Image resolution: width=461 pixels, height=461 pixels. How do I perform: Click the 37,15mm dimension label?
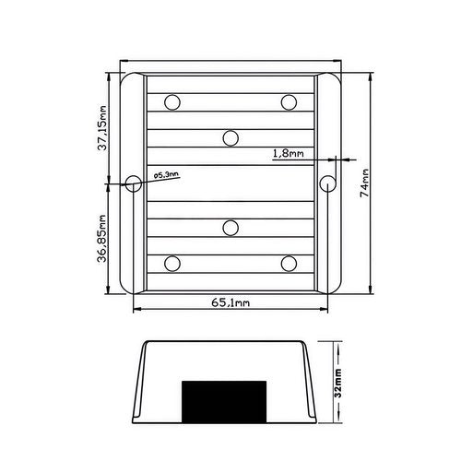[102, 128]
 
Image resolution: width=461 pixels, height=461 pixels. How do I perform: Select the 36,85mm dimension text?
[102, 239]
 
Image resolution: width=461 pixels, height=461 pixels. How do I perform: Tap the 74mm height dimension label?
[364, 183]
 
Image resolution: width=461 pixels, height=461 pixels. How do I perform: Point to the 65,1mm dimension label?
[230, 303]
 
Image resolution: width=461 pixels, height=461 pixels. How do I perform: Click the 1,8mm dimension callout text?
[289, 153]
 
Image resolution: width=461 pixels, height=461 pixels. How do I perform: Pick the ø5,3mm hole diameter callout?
[166, 175]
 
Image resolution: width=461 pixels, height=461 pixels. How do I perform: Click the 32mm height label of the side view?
[338, 384]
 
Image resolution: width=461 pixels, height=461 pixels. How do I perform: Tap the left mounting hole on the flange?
[134, 183]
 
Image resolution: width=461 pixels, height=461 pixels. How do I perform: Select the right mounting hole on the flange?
[327, 183]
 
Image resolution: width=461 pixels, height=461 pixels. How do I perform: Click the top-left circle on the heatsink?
[172, 102]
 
